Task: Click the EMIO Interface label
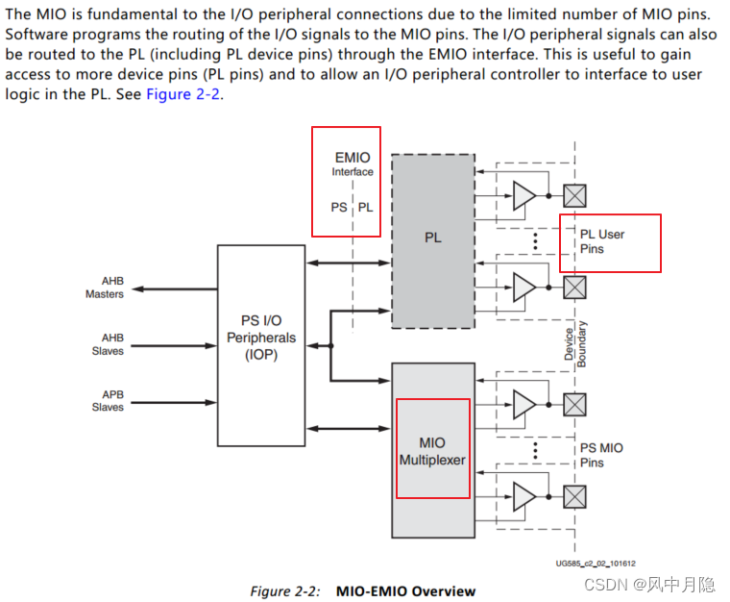pos(353,163)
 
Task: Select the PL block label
pos(433,237)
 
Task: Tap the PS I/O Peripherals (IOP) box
pos(261,338)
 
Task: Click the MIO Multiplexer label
pos(432,451)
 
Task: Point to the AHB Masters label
pos(105,288)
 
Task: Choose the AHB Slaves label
pos(108,344)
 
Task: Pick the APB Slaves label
pos(108,400)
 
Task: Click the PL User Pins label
pos(602,241)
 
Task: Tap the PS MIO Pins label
pos(601,455)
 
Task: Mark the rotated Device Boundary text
pos(574,341)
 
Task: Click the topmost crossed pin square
pos(573,196)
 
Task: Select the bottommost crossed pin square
pos(573,496)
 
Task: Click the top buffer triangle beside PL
pos(523,196)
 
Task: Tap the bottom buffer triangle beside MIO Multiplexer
pos(523,496)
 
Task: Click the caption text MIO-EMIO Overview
pos(405,591)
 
